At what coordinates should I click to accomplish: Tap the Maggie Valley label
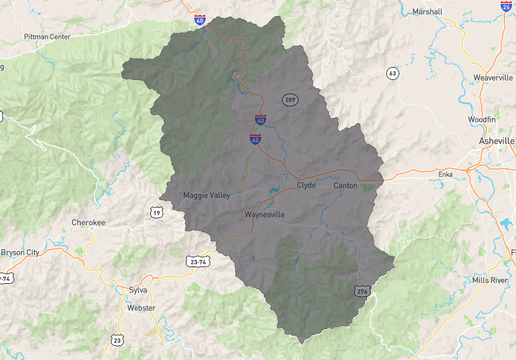(207, 195)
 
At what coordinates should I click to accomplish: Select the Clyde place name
(306, 185)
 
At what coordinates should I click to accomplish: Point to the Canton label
(345, 185)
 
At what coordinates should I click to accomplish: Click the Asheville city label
(497, 142)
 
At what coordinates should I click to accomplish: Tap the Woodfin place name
(481, 119)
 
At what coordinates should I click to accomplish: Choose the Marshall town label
(426, 12)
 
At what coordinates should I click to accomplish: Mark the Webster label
(141, 308)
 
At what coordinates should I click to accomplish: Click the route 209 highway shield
(290, 100)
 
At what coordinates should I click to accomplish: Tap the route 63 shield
(393, 73)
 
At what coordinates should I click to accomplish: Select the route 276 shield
(362, 291)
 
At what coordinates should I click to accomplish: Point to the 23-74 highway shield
(199, 260)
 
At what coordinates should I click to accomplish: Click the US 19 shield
(156, 213)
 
